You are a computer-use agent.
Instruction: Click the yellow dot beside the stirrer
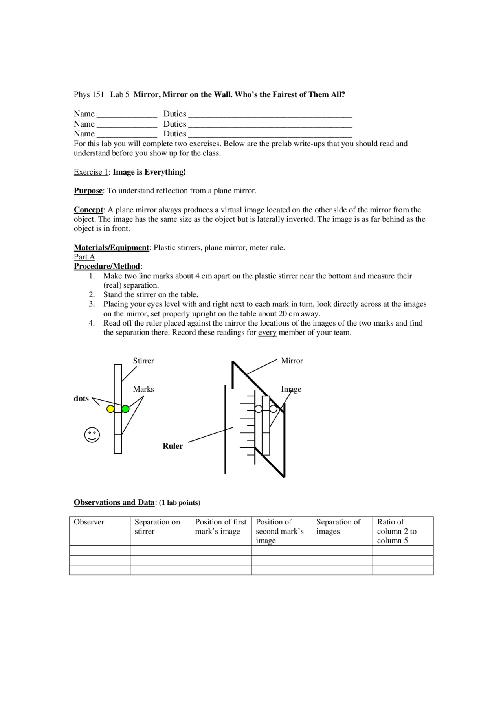pyautogui.click(x=110, y=409)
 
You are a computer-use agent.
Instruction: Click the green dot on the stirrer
pyautogui.click(x=125, y=409)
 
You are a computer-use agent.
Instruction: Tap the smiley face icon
pyautogui.click(x=92, y=434)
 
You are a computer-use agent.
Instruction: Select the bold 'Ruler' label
pyautogui.click(x=173, y=446)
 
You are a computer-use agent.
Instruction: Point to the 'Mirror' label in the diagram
pyautogui.click(x=292, y=361)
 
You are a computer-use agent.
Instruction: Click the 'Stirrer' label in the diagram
pyautogui.click(x=143, y=361)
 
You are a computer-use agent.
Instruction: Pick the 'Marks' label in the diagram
pyautogui.click(x=143, y=389)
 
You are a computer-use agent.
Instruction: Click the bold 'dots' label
pyautogui.click(x=81, y=398)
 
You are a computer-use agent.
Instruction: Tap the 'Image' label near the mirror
pyautogui.click(x=291, y=389)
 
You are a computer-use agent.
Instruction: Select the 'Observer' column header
pyautogui.click(x=89, y=522)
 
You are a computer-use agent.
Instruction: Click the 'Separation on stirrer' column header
pyautogui.click(x=157, y=526)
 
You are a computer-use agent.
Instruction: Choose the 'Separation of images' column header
pyautogui.click(x=338, y=526)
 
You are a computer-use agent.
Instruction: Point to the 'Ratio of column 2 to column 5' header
pyautogui.click(x=397, y=531)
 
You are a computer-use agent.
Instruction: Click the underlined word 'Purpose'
pyautogui.click(x=88, y=191)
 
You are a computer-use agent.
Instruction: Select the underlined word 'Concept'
pyautogui.click(x=88, y=210)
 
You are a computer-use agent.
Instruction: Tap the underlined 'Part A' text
pyautogui.click(x=84, y=257)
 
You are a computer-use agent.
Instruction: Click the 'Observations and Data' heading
pyautogui.click(x=114, y=502)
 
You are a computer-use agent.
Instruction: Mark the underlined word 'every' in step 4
pyautogui.click(x=267, y=332)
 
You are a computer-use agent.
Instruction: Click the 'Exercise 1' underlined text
pyautogui.click(x=91, y=172)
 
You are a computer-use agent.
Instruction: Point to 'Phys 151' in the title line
pyautogui.click(x=89, y=94)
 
